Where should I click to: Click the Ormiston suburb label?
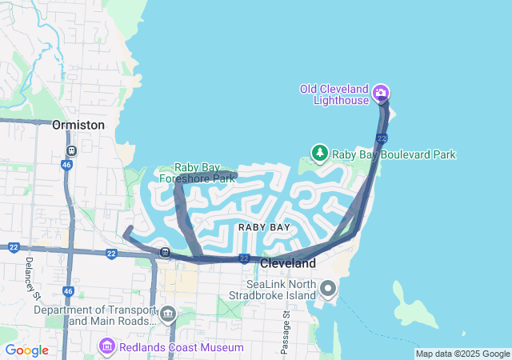tap(78, 126)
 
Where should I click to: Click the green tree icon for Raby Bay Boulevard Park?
tap(320, 153)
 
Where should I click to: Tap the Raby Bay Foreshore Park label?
tap(197, 173)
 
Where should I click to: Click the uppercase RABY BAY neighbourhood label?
tap(264, 227)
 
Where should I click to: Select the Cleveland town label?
tap(288, 263)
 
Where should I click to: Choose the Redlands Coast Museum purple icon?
tap(106, 346)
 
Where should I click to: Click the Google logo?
tap(26, 350)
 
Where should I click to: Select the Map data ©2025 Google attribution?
tap(462, 354)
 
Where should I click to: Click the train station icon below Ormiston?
tap(71, 150)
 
